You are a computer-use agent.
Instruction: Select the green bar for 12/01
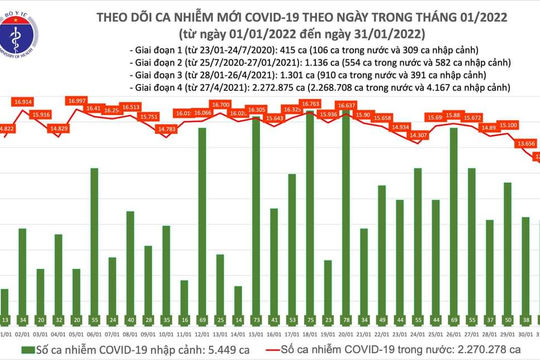[x=202, y=220]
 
